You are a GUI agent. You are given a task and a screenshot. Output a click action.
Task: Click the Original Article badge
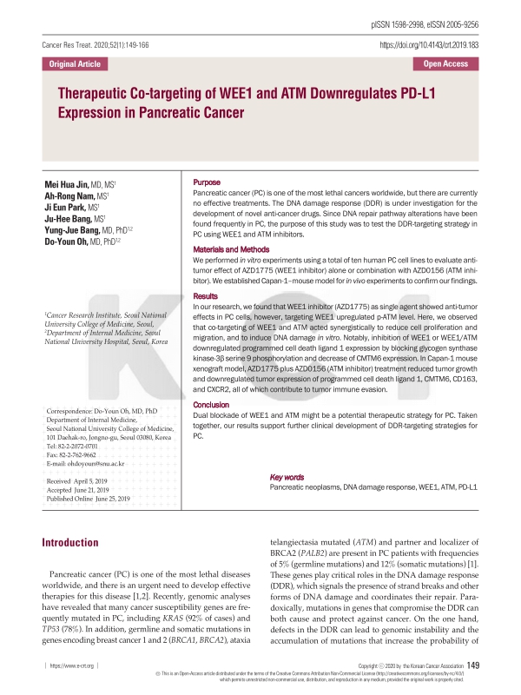75,63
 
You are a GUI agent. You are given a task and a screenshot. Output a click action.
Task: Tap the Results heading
207,296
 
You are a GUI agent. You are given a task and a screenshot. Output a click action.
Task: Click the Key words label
287,477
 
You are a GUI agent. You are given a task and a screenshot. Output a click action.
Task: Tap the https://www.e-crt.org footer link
72,665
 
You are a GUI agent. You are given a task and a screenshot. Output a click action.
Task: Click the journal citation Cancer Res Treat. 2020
96,43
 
